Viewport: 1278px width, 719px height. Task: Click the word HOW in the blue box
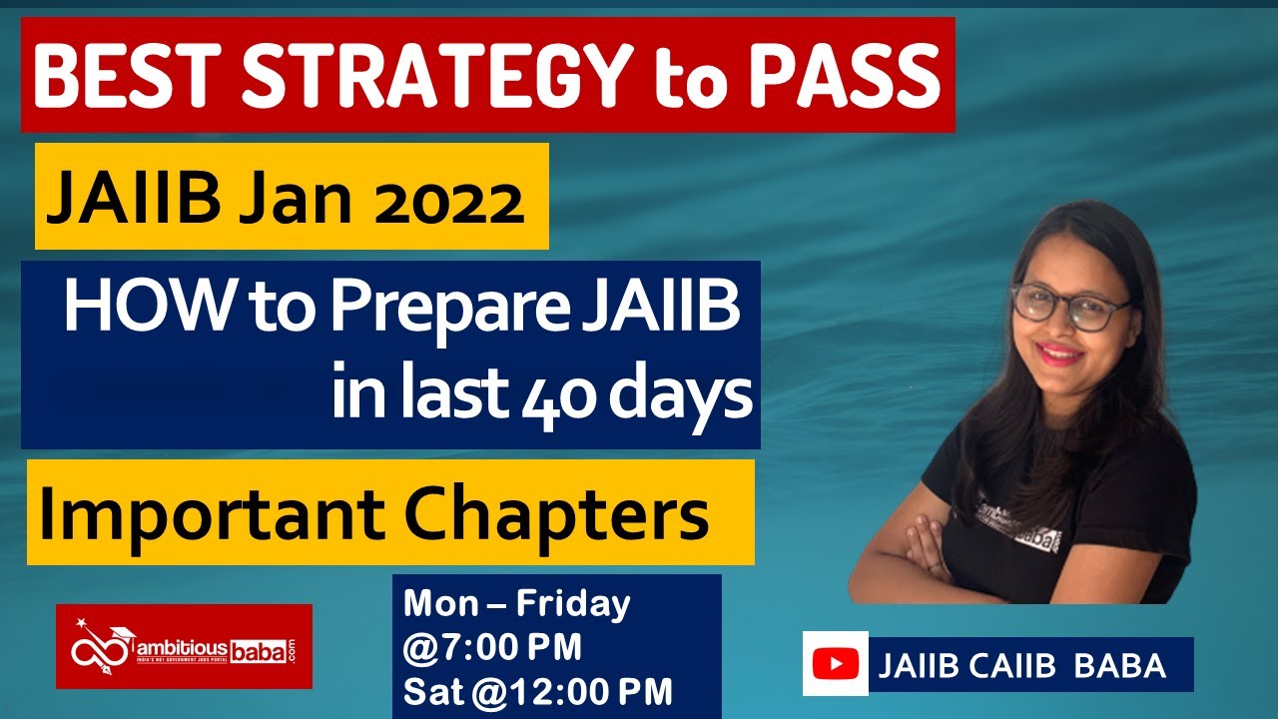(131, 310)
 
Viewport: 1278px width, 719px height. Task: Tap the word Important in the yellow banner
(205, 513)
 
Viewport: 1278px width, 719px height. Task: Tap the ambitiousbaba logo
(184, 647)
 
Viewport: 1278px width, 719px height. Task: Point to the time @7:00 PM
(492, 648)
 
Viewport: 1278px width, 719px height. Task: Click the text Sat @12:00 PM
(537, 691)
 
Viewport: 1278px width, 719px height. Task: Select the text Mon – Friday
(516, 604)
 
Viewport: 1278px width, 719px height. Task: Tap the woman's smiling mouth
(1059, 352)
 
